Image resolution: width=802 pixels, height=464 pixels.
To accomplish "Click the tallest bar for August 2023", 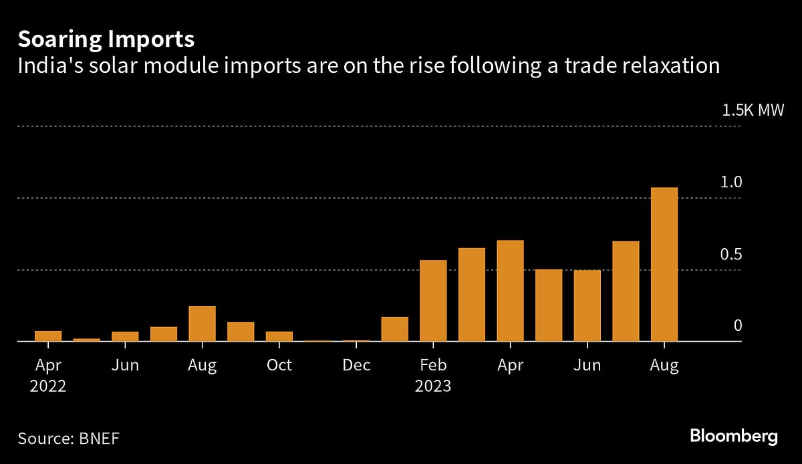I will [x=664, y=264].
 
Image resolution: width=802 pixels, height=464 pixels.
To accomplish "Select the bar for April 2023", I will [x=510, y=291].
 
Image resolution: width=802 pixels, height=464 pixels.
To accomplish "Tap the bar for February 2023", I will [x=433, y=301].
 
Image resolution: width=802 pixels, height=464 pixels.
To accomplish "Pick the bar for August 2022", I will [x=202, y=324].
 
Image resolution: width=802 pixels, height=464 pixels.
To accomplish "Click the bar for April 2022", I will [x=48, y=336].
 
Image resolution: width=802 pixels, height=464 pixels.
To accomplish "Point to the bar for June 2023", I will [x=587, y=306].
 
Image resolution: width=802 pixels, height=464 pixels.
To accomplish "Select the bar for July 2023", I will [x=626, y=291].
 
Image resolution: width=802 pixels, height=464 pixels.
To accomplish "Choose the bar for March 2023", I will [x=472, y=294].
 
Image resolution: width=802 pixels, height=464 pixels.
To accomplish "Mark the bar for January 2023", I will [x=394, y=329].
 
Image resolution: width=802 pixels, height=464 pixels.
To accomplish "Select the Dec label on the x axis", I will [x=356, y=366].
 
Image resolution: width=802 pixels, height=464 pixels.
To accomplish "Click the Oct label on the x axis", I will [x=279, y=366].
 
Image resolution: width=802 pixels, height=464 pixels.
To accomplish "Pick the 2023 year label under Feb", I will [x=433, y=386].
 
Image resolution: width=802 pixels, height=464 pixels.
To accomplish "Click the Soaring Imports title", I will [x=106, y=39].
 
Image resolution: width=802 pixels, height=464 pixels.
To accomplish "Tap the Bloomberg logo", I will [x=734, y=437].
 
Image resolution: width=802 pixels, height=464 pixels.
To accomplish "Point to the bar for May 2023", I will [x=549, y=306].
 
